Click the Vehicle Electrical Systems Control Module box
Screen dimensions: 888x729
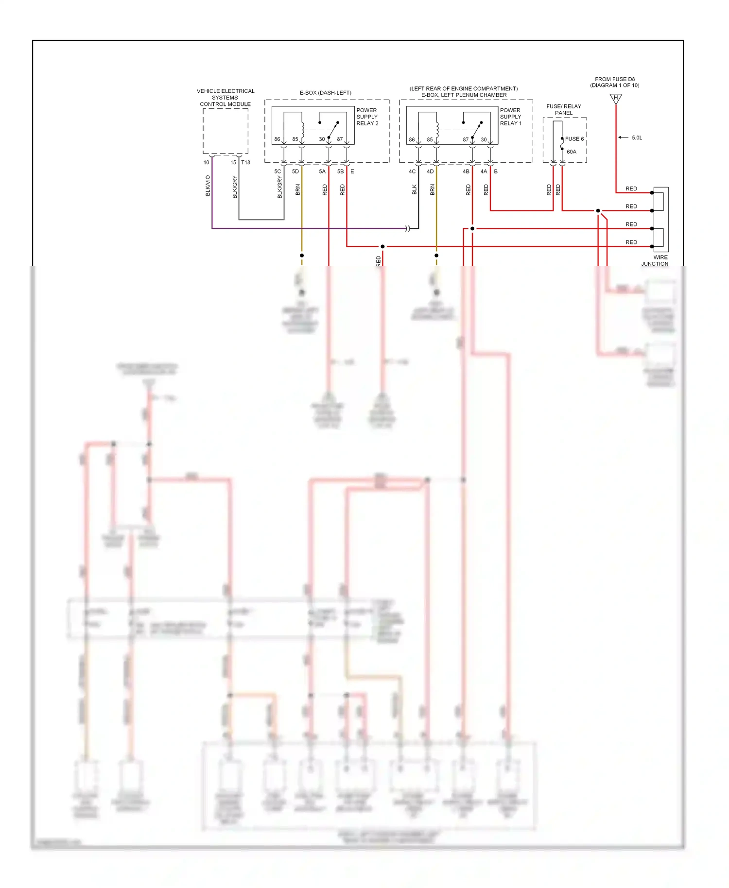(225, 131)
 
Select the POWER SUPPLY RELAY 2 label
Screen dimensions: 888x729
(367, 117)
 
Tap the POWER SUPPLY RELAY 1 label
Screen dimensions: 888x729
(510, 117)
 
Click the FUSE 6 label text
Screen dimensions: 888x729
(574, 139)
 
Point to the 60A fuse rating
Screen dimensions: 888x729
(571, 152)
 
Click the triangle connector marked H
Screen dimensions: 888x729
(615, 99)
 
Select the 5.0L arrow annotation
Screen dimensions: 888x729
(630, 137)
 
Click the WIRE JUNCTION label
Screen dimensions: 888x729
(655, 260)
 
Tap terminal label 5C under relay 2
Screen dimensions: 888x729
(278, 171)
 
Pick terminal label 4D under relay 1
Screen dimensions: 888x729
(430, 171)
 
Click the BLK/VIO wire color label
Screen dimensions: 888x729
(208, 186)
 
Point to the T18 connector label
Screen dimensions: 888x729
(246, 162)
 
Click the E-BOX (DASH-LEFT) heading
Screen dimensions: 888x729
(325, 93)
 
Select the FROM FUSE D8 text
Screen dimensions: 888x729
(614, 79)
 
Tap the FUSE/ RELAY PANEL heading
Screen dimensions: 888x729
(563, 109)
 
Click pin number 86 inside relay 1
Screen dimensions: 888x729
(412, 139)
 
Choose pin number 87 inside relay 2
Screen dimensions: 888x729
(340, 139)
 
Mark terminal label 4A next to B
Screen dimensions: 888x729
(484, 171)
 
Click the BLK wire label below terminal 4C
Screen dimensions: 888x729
(415, 189)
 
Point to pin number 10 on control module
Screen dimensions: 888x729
(207, 162)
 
